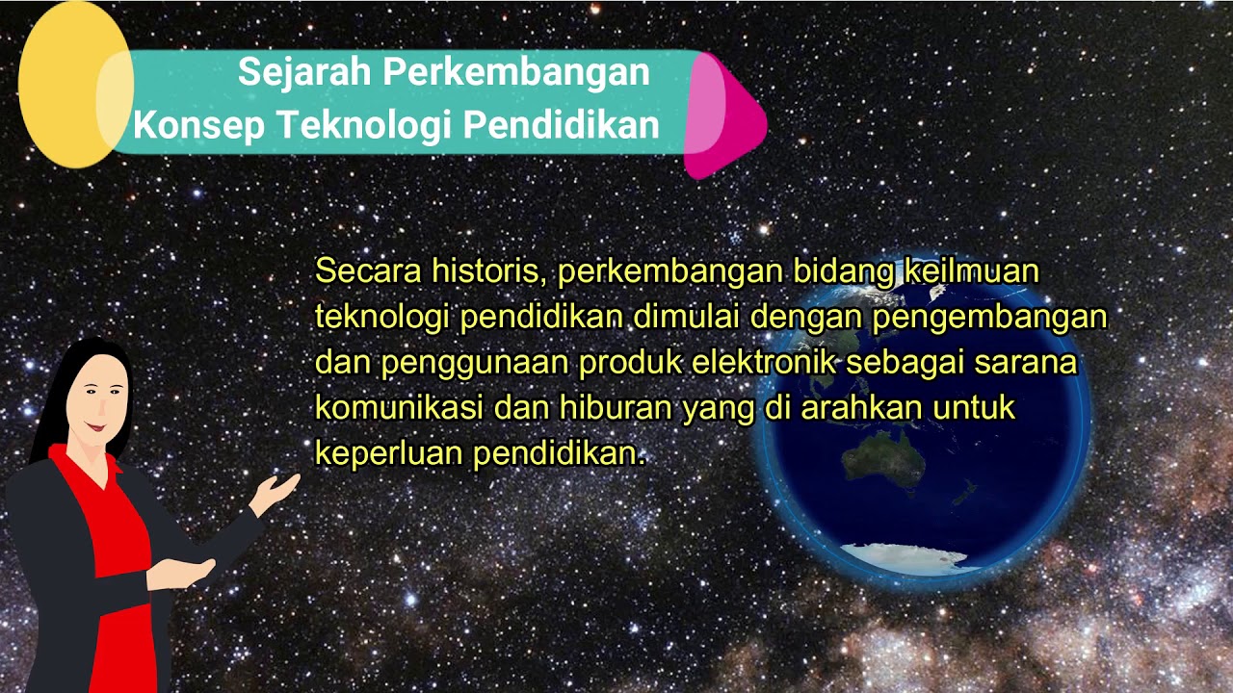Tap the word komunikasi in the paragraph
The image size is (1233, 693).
[x=399, y=408]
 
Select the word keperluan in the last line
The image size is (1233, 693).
[x=387, y=453]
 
